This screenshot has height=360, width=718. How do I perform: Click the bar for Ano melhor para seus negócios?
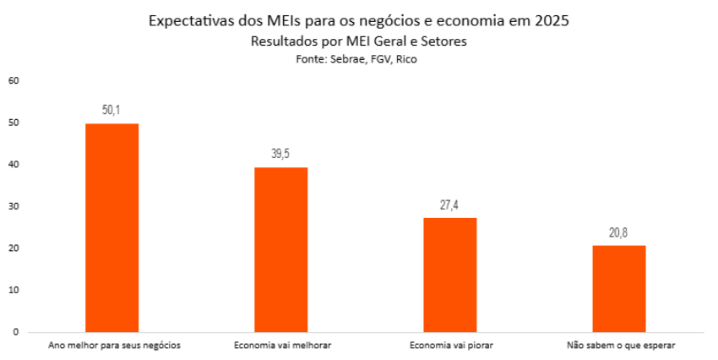[x=112, y=228]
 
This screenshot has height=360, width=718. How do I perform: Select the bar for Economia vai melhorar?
[x=281, y=250]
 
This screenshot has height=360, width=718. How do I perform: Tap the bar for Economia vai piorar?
[x=450, y=275]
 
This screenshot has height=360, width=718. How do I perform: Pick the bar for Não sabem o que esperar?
[x=619, y=289]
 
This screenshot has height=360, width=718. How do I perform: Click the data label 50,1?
[x=112, y=110]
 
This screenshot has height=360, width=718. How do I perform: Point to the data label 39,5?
[x=281, y=154]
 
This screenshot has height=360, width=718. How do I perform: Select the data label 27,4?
[x=450, y=204]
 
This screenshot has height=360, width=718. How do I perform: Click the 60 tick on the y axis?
[x=13, y=81]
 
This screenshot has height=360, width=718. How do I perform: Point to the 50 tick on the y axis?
[x=13, y=123]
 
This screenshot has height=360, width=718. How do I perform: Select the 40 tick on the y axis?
[x=13, y=165]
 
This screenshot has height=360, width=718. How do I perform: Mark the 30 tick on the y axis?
[x=13, y=207]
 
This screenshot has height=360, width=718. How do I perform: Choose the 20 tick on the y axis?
[x=13, y=248]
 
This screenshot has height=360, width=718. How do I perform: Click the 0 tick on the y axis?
[x=15, y=332]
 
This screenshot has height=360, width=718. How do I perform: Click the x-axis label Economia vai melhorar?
[x=281, y=346]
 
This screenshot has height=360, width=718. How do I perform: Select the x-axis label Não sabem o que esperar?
[x=619, y=346]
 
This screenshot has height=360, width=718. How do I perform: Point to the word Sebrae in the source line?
[x=346, y=59]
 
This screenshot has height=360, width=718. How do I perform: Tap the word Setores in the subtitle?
[x=445, y=41]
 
